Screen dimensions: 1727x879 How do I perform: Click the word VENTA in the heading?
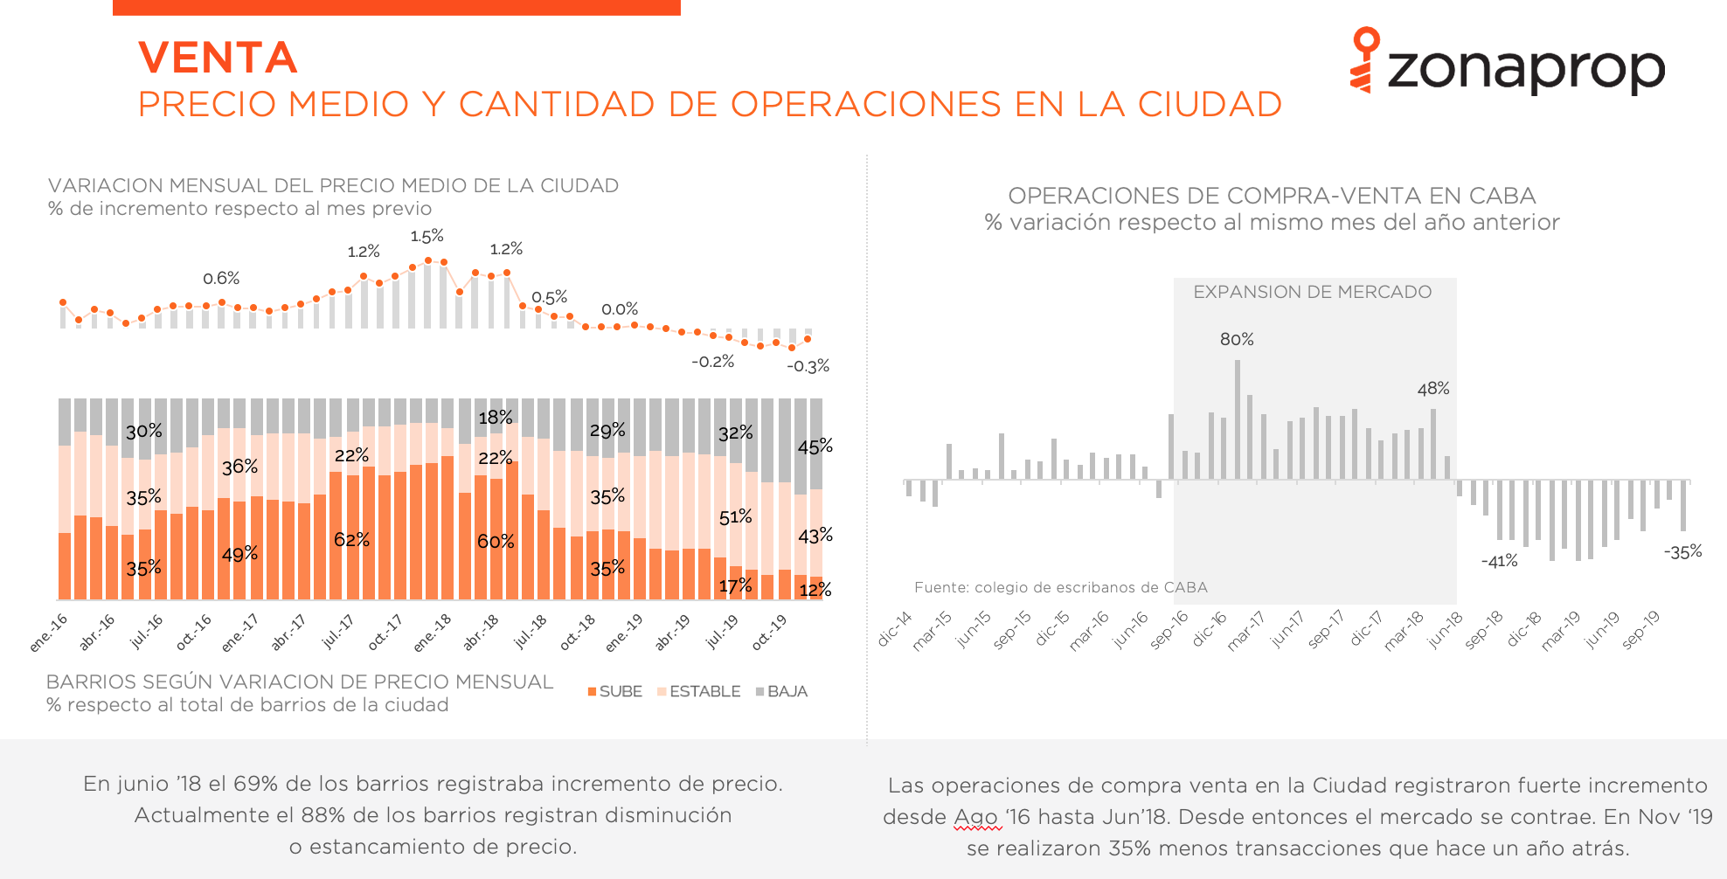tap(218, 58)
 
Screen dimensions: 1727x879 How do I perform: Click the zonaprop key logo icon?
tap(1364, 59)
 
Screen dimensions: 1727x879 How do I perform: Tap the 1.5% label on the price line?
tap(427, 236)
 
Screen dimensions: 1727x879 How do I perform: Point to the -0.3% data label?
tap(808, 366)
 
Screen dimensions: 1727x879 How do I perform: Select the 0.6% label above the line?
tap(221, 278)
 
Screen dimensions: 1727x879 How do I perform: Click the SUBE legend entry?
tap(615, 691)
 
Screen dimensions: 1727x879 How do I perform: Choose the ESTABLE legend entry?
tap(699, 691)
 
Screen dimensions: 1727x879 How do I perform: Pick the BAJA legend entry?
tap(782, 691)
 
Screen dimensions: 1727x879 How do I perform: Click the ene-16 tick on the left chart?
tap(49, 632)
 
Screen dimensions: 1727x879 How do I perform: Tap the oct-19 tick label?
tap(770, 632)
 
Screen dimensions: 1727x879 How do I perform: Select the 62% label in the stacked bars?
tap(351, 539)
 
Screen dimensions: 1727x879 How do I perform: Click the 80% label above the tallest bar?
tap(1237, 339)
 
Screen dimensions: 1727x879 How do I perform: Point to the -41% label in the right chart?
tap(1500, 561)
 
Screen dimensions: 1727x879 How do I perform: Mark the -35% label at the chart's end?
tap(1683, 551)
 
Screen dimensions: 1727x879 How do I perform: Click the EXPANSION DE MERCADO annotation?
tap(1313, 292)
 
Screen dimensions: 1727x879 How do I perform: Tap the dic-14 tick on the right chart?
tap(895, 629)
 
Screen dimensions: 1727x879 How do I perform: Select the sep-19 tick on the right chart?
tap(1640, 630)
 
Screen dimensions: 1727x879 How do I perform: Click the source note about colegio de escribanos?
tap(1061, 587)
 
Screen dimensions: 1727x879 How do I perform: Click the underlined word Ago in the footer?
tap(976, 817)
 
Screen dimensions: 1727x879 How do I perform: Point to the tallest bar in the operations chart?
tap(1238, 419)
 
